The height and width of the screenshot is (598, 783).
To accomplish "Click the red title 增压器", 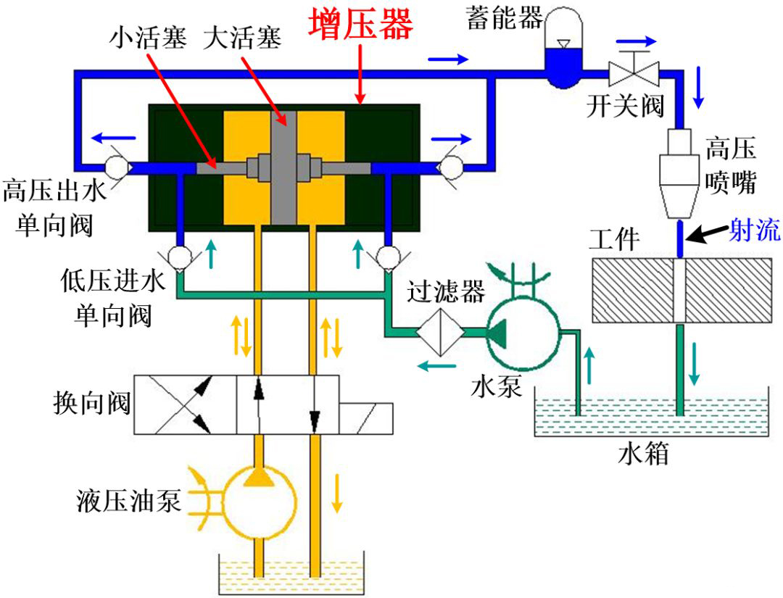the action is click(360, 24).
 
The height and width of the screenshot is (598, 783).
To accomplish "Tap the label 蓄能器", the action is click(505, 18).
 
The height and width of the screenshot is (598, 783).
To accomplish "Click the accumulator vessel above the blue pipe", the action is click(564, 47).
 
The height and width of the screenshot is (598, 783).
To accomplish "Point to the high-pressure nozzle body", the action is click(679, 173).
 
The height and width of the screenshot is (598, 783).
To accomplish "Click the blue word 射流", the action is click(755, 230).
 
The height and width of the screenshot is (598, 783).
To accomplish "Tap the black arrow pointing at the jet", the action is click(707, 233).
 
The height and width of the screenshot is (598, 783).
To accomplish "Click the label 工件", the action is click(614, 240).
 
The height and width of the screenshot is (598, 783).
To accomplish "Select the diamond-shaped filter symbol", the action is click(441, 332).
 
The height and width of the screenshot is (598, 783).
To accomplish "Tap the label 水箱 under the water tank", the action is click(642, 454).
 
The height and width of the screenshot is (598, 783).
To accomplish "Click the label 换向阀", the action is click(92, 403).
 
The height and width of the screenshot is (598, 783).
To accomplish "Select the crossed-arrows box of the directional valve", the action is click(186, 404).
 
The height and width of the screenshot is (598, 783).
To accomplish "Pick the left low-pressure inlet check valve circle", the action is click(179, 257).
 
